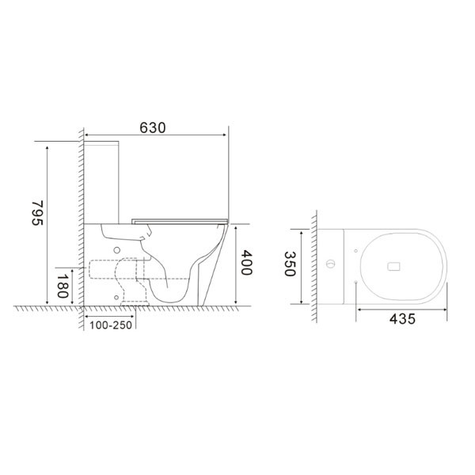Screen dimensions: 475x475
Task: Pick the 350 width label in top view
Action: (x=290, y=264)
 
